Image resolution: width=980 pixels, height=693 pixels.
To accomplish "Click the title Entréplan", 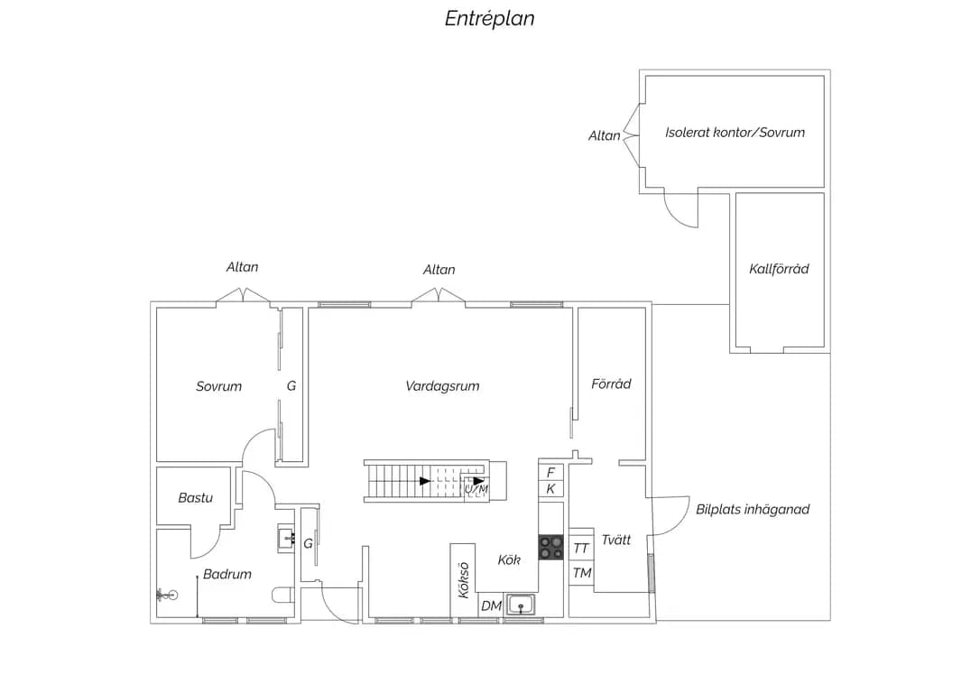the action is [x=489, y=19].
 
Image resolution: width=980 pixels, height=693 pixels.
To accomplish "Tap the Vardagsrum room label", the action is [x=442, y=386].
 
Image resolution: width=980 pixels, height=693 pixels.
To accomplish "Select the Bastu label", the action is [x=196, y=498].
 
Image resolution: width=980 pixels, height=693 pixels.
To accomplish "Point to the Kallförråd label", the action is [x=779, y=269].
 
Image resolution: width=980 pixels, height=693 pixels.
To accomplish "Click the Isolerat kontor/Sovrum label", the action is [x=735, y=133].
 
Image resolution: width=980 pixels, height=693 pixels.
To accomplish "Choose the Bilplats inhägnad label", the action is [x=753, y=509].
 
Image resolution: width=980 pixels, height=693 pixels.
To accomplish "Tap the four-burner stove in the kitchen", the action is [x=551, y=548].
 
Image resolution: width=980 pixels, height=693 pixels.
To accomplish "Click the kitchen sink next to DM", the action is [x=521, y=605].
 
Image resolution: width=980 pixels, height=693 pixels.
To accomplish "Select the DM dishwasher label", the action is [x=491, y=605].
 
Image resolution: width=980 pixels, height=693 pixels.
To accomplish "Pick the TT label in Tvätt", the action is [x=581, y=549].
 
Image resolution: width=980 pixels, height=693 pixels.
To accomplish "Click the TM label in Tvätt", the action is [x=582, y=573].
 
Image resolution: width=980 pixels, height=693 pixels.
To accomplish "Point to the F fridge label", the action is [x=550, y=473].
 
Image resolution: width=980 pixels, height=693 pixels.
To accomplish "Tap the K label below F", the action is [x=550, y=489].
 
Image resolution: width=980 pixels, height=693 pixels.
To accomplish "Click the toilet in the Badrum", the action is [x=283, y=595].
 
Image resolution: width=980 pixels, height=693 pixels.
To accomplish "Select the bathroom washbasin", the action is [x=286, y=538].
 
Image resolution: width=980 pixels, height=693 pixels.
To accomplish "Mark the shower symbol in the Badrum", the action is [x=167, y=595].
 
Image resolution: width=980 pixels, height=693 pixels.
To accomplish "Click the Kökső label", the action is [x=464, y=580].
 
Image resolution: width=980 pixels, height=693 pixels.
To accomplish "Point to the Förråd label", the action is [x=611, y=383].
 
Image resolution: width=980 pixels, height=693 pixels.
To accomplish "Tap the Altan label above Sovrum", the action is [x=242, y=267].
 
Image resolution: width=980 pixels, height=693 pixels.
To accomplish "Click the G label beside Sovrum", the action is [x=291, y=386].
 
